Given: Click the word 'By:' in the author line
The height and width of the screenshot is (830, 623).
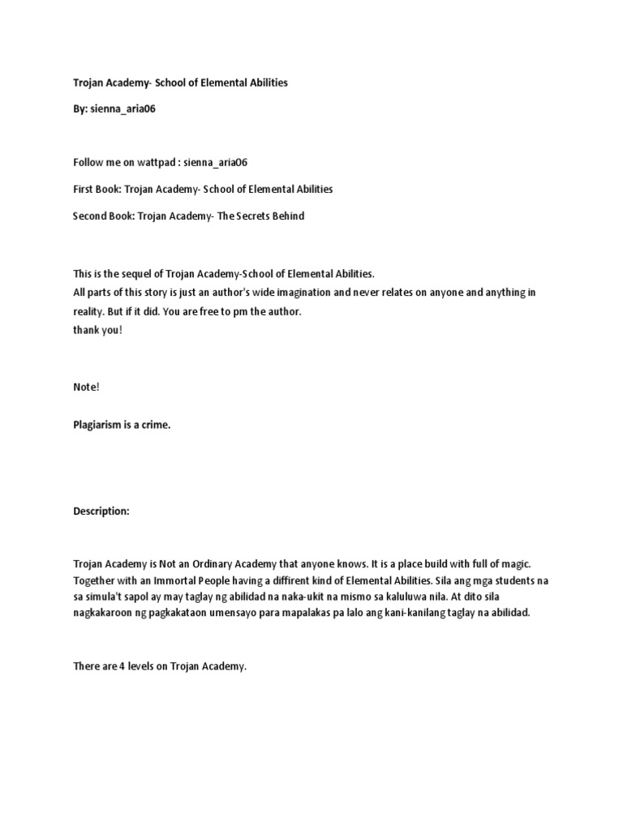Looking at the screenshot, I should (x=80, y=109).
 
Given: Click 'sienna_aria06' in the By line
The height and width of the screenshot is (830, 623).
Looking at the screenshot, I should (x=122, y=109).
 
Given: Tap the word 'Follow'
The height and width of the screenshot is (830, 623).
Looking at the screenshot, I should (x=88, y=162).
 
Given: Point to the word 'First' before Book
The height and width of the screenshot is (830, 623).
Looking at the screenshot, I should (x=84, y=189).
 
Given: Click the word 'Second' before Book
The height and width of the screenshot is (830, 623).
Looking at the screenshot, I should (x=89, y=216).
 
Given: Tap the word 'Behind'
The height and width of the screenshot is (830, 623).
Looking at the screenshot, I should (x=288, y=216).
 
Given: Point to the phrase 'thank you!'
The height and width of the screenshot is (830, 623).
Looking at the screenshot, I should (x=97, y=331).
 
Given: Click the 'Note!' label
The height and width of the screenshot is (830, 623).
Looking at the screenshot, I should (x=86, y=387).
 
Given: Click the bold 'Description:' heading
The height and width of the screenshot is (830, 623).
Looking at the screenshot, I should (x=101, y=511).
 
